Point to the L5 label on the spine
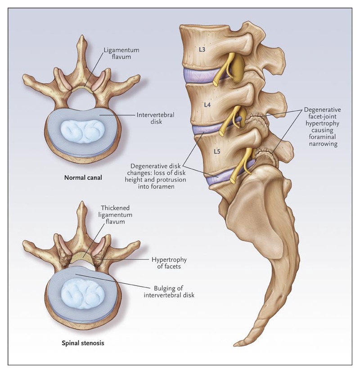[216, 151]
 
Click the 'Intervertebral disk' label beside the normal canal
[156, 118]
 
